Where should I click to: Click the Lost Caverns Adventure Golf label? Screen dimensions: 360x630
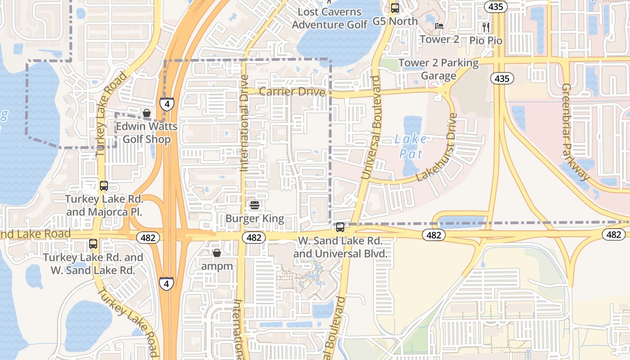click(330, 18)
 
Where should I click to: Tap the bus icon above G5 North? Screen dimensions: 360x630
click(395, 8)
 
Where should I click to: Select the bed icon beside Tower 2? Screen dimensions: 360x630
click(439, 26)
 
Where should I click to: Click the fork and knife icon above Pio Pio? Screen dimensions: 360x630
click(486, 27)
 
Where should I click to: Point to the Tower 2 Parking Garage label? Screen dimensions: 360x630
click(439, 69)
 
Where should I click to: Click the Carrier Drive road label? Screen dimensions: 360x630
click(292, 92)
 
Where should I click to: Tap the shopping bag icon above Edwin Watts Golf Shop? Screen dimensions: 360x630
click(147, 113)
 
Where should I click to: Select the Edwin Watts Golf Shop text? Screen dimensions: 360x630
click(147, 133)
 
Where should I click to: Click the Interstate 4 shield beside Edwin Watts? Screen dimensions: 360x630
click(167, 104)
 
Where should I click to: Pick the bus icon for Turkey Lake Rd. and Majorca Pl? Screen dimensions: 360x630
click(104, 185)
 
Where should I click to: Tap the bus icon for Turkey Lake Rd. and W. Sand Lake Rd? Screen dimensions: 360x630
click(93, 244)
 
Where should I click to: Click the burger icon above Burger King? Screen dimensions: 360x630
click(255, 206)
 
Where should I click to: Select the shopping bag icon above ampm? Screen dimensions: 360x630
click(217, 253)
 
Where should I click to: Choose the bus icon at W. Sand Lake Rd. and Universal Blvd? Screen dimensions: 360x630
click(340, 227)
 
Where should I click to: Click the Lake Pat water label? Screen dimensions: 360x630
click(411, 147)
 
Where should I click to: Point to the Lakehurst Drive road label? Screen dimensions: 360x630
click(436, 148)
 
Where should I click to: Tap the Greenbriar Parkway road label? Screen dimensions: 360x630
click(576, 132)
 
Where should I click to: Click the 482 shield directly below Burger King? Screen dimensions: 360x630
click(254, 238)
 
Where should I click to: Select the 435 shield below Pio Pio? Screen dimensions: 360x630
click(502, 79)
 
